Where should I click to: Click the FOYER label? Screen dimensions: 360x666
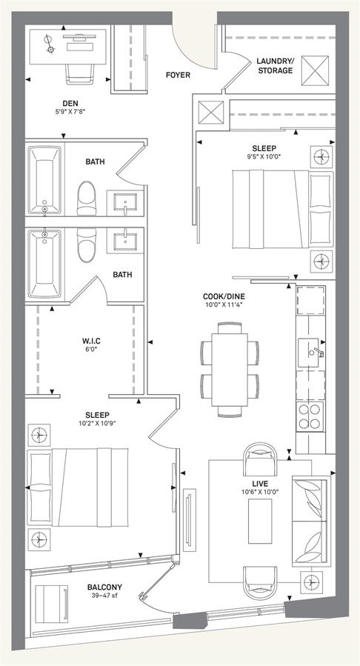pos(178,75)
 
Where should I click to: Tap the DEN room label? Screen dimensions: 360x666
pos(70,103)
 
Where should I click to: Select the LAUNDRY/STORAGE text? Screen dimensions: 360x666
pos(275,66)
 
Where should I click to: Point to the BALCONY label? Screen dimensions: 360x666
pos(104,587)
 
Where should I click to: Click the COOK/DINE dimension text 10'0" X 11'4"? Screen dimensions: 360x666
pos(223,304)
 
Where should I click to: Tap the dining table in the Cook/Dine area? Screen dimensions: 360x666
pos(230,370)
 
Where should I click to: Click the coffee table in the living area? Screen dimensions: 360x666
pos(260,520)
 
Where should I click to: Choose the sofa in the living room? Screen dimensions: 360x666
pos(310,520)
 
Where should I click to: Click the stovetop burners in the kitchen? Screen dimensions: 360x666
pos(310,416)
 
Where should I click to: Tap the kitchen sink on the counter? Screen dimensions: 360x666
pos(310,353)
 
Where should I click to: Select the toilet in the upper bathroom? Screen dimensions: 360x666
pos(87,198)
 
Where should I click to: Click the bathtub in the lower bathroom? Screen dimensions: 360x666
pos(44,263)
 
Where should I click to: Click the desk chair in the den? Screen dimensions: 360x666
pos(80,73)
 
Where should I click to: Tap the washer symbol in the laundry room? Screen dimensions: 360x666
pos(315,70)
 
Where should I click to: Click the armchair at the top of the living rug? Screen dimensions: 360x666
pos(261,459)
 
